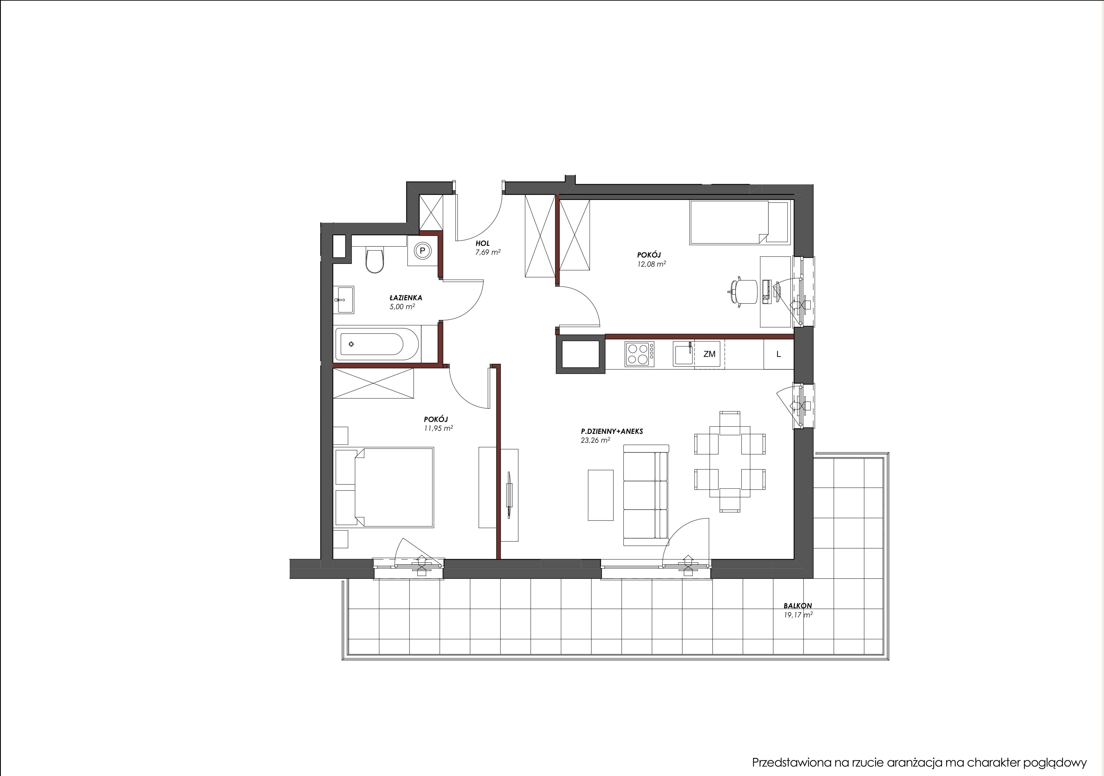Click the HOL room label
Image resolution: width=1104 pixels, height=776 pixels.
pos(483,244)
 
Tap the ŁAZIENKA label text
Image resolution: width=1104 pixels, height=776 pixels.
pos(406,298)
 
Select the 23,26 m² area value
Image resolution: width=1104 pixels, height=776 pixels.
pos(596,440)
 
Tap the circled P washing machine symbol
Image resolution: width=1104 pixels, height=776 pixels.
pos(423,250)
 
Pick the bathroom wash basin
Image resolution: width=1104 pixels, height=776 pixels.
pos(344,300)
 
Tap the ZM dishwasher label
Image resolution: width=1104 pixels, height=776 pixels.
pos(709,354)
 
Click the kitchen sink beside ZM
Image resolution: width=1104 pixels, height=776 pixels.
pos(683,354)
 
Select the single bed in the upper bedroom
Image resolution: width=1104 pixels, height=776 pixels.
pos(740,222)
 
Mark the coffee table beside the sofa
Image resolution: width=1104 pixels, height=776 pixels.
pos(601,495)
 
